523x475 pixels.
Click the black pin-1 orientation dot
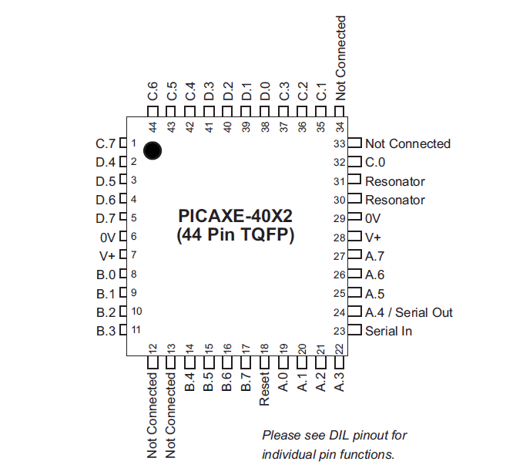click(153, 150)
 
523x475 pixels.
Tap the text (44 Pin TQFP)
click(236, 234)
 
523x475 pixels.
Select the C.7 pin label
click(105, 143)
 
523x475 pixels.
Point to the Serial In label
click(388, 331)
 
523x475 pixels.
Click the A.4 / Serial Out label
click(408, 312)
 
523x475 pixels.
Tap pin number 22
click(340, 349)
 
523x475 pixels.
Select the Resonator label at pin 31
click(394, 182)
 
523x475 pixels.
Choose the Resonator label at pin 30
click(394, 200)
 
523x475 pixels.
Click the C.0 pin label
click(375, 163)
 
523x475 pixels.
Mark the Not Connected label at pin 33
click(407, 143)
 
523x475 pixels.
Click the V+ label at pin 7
click(107, 256)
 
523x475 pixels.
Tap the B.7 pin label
click(246, 380)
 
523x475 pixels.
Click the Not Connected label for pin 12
click(153, 414)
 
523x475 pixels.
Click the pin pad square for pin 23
click(354, 331)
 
